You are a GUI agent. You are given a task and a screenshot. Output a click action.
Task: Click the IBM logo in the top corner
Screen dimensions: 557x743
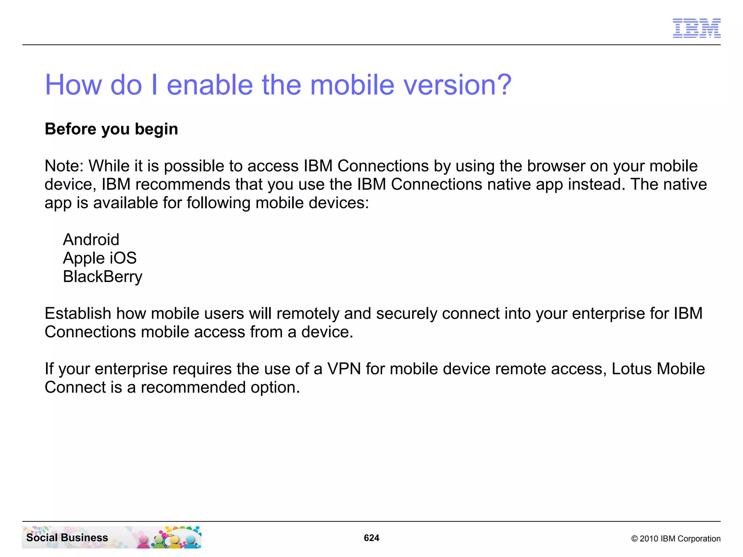pos(697,28)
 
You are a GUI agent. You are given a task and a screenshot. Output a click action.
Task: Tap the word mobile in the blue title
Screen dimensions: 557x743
pos(352,85)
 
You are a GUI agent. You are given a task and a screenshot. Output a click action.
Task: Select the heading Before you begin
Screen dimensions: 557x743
pos(111,129)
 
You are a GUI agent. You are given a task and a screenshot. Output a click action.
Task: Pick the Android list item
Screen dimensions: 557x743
pos(91,240)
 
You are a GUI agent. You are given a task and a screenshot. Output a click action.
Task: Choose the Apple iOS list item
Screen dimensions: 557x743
pos(100,258)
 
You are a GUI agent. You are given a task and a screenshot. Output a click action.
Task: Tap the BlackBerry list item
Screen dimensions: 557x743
pos(103,277)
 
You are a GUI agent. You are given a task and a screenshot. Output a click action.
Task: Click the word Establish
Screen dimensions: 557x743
pos(78,313)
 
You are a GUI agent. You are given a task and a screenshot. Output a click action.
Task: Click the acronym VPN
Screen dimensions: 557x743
pos(344,369)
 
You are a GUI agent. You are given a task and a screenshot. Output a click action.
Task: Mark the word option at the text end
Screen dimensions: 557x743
pos(275,387)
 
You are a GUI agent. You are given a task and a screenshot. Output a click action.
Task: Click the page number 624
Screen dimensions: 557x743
pos(371,538)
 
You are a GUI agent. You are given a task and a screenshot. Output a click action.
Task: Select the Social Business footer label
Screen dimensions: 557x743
pos(67,537)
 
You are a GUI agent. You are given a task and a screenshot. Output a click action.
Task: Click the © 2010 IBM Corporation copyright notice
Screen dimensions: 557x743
pos(676,539)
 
